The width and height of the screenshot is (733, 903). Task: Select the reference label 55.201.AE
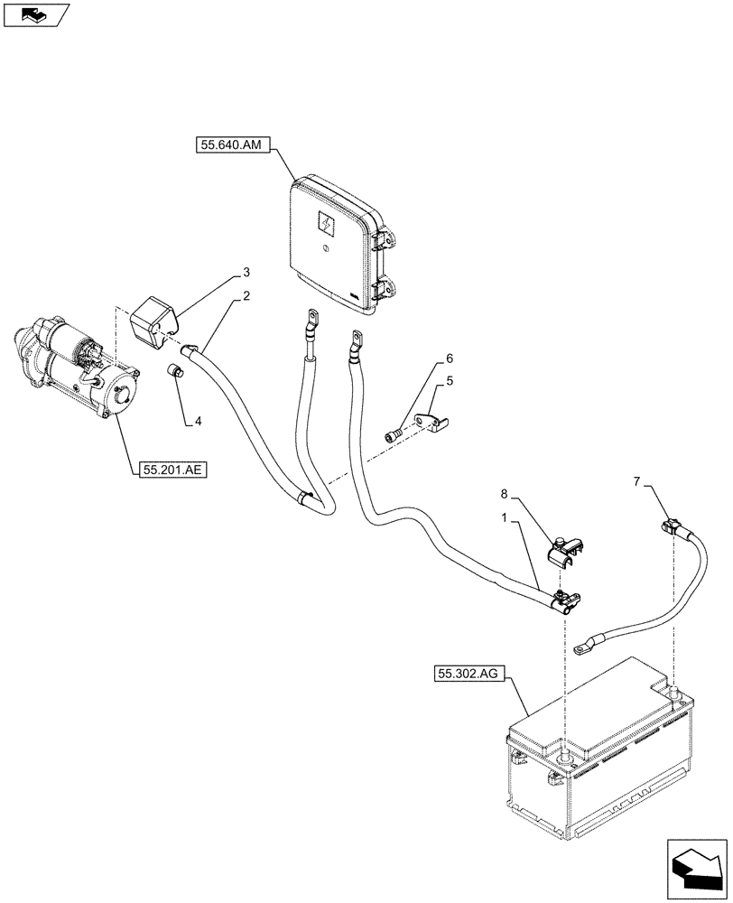tap(172, 470)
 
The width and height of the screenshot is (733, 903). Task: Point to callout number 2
tap(246, 297)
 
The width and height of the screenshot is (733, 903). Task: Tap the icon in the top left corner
tap(33, 14)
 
